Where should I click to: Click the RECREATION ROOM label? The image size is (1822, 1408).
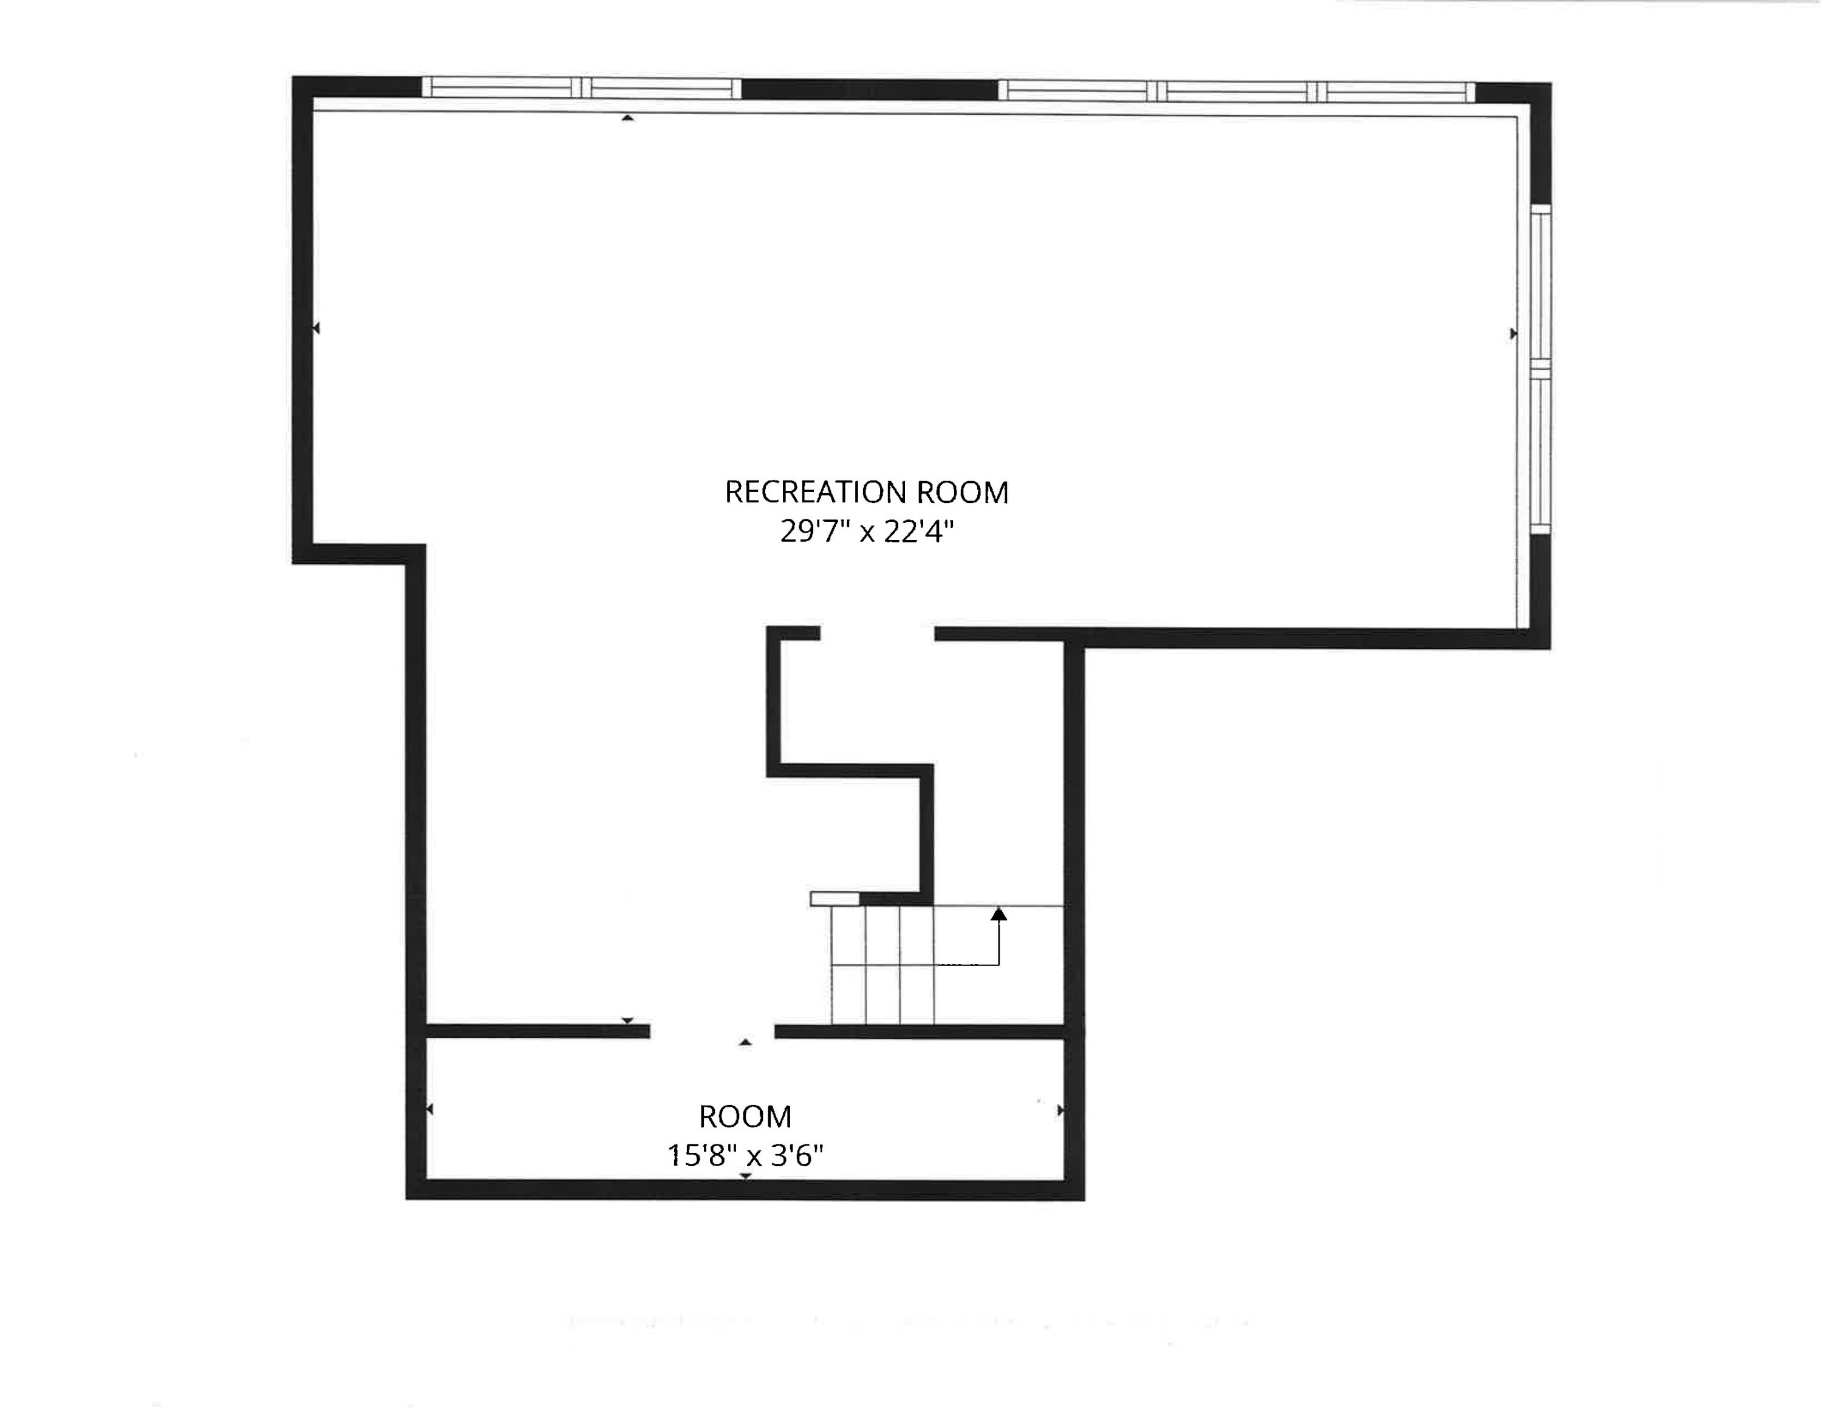tap(866, 492)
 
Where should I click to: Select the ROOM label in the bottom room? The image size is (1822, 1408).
tap(745, 1116)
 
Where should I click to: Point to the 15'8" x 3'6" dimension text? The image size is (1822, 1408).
tap(745, 1155)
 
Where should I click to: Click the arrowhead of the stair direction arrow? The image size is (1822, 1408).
tap(998, 914)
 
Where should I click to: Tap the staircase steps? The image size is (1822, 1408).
tap(882, 965)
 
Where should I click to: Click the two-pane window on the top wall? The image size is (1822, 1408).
tap(581, 87)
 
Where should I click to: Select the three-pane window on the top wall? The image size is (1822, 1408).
tap(1237, 91)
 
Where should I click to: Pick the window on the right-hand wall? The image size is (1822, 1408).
tap(1541, 369)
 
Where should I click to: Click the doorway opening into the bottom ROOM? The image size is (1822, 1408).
tap(712, 1032)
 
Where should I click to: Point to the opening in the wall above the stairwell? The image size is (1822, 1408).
tap(877, 634)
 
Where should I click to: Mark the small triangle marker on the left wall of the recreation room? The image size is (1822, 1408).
tap(316, 329)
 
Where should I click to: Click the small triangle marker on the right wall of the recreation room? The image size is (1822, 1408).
tap(1513, 333)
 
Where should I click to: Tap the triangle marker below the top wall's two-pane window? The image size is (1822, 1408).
tap(627, 118)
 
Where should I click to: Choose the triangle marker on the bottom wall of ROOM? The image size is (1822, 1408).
tap(746, 1176)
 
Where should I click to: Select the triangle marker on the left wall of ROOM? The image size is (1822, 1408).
tap(429, 1109)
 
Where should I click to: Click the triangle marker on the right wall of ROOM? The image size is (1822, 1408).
tap(1060, 1110)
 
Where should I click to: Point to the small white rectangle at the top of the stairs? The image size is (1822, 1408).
tap(834, 898)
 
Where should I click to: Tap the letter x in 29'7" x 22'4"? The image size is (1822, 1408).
tap(867, 533)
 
